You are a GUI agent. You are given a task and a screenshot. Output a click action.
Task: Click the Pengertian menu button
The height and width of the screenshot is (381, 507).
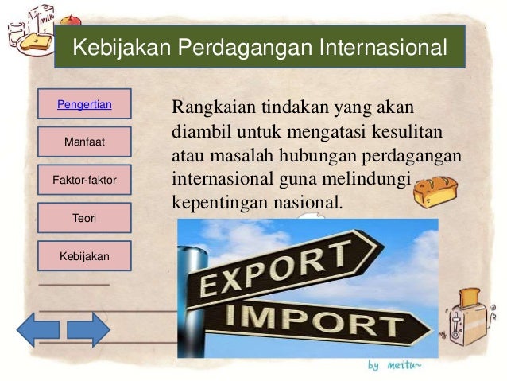83,104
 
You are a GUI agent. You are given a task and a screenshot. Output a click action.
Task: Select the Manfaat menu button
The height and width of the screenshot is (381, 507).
83,142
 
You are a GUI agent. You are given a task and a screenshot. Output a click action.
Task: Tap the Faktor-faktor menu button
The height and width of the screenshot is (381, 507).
83,181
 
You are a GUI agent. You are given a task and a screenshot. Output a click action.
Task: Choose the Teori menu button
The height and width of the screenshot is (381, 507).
83,218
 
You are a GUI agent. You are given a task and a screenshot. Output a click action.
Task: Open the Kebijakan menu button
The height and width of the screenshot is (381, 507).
83,256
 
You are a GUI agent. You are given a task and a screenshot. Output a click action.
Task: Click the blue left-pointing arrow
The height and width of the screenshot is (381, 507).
38,329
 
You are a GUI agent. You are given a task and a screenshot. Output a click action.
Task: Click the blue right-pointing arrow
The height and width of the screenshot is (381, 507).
88,329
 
